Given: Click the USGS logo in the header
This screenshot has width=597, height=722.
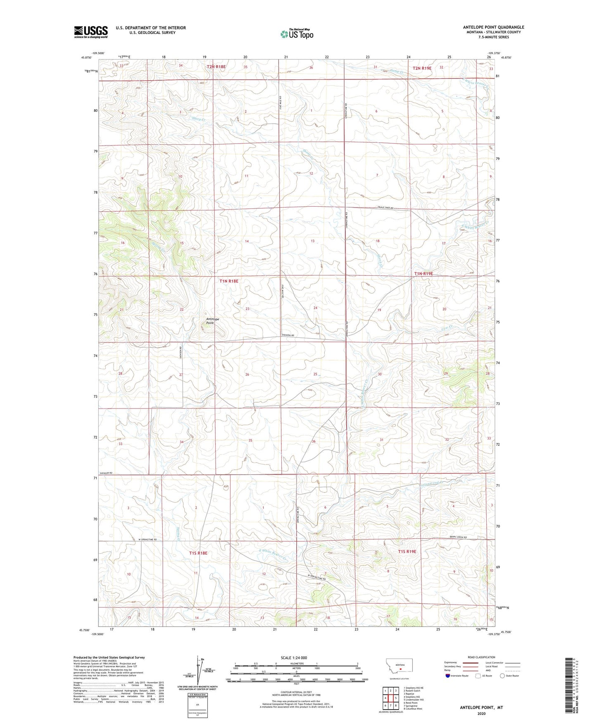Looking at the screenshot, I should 90,32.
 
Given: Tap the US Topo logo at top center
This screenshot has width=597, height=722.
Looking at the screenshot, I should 296,34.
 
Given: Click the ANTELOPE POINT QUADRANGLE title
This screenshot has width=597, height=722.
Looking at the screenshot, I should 493,27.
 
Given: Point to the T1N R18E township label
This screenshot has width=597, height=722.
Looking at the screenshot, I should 228,281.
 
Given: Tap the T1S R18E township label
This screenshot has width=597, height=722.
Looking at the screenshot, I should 198,553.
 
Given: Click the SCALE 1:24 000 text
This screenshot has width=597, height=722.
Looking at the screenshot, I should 294,657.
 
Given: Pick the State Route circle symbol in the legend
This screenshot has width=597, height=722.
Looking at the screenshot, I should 502,676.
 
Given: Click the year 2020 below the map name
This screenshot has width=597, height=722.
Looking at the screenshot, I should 481,713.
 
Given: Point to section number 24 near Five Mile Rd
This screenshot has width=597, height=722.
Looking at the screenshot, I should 315,308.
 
